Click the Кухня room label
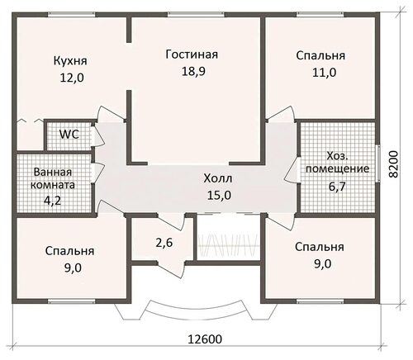[x=70, y=61]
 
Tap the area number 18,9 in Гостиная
[x=193, y=71]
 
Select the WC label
[x=69, y=135]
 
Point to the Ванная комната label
[x=53, y=178]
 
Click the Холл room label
[x=218, y=178]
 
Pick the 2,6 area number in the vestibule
[x=164, y=243]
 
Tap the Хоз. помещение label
[x=338, y=163]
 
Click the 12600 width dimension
[x=205, y=339]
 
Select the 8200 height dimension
[x=394, y=164]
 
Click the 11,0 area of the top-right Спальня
[x=324, y=73]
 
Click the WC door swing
[x=97, y=135]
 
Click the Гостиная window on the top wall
[x=196, y=14]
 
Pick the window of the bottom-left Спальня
[x=72, y=301]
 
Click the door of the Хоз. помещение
[x=292, y=169]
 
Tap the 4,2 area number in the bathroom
[x=53, y=200]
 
